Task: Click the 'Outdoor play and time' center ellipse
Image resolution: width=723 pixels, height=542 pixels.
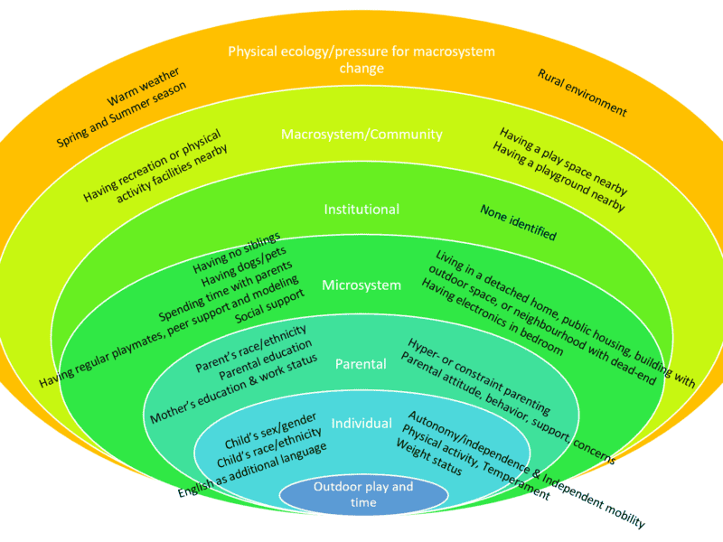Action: point(363,494)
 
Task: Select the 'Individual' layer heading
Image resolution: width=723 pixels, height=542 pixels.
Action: point(361,424)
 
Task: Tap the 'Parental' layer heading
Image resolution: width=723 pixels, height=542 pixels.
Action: point(361,364)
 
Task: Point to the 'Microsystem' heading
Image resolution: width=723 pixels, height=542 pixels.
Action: point(361,285)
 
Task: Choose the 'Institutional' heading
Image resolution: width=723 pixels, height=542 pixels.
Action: point(361,210)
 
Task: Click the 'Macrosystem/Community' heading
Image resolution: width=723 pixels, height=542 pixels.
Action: point(361,135)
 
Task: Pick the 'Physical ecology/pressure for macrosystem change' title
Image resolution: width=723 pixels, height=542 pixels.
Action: point(361,60)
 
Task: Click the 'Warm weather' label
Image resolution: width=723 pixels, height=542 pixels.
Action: point(144,86)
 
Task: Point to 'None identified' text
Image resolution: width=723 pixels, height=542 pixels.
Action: point(518,221)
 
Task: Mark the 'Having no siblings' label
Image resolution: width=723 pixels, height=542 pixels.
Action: point(237,254)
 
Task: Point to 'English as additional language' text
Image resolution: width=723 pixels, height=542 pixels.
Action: point(252,468)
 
